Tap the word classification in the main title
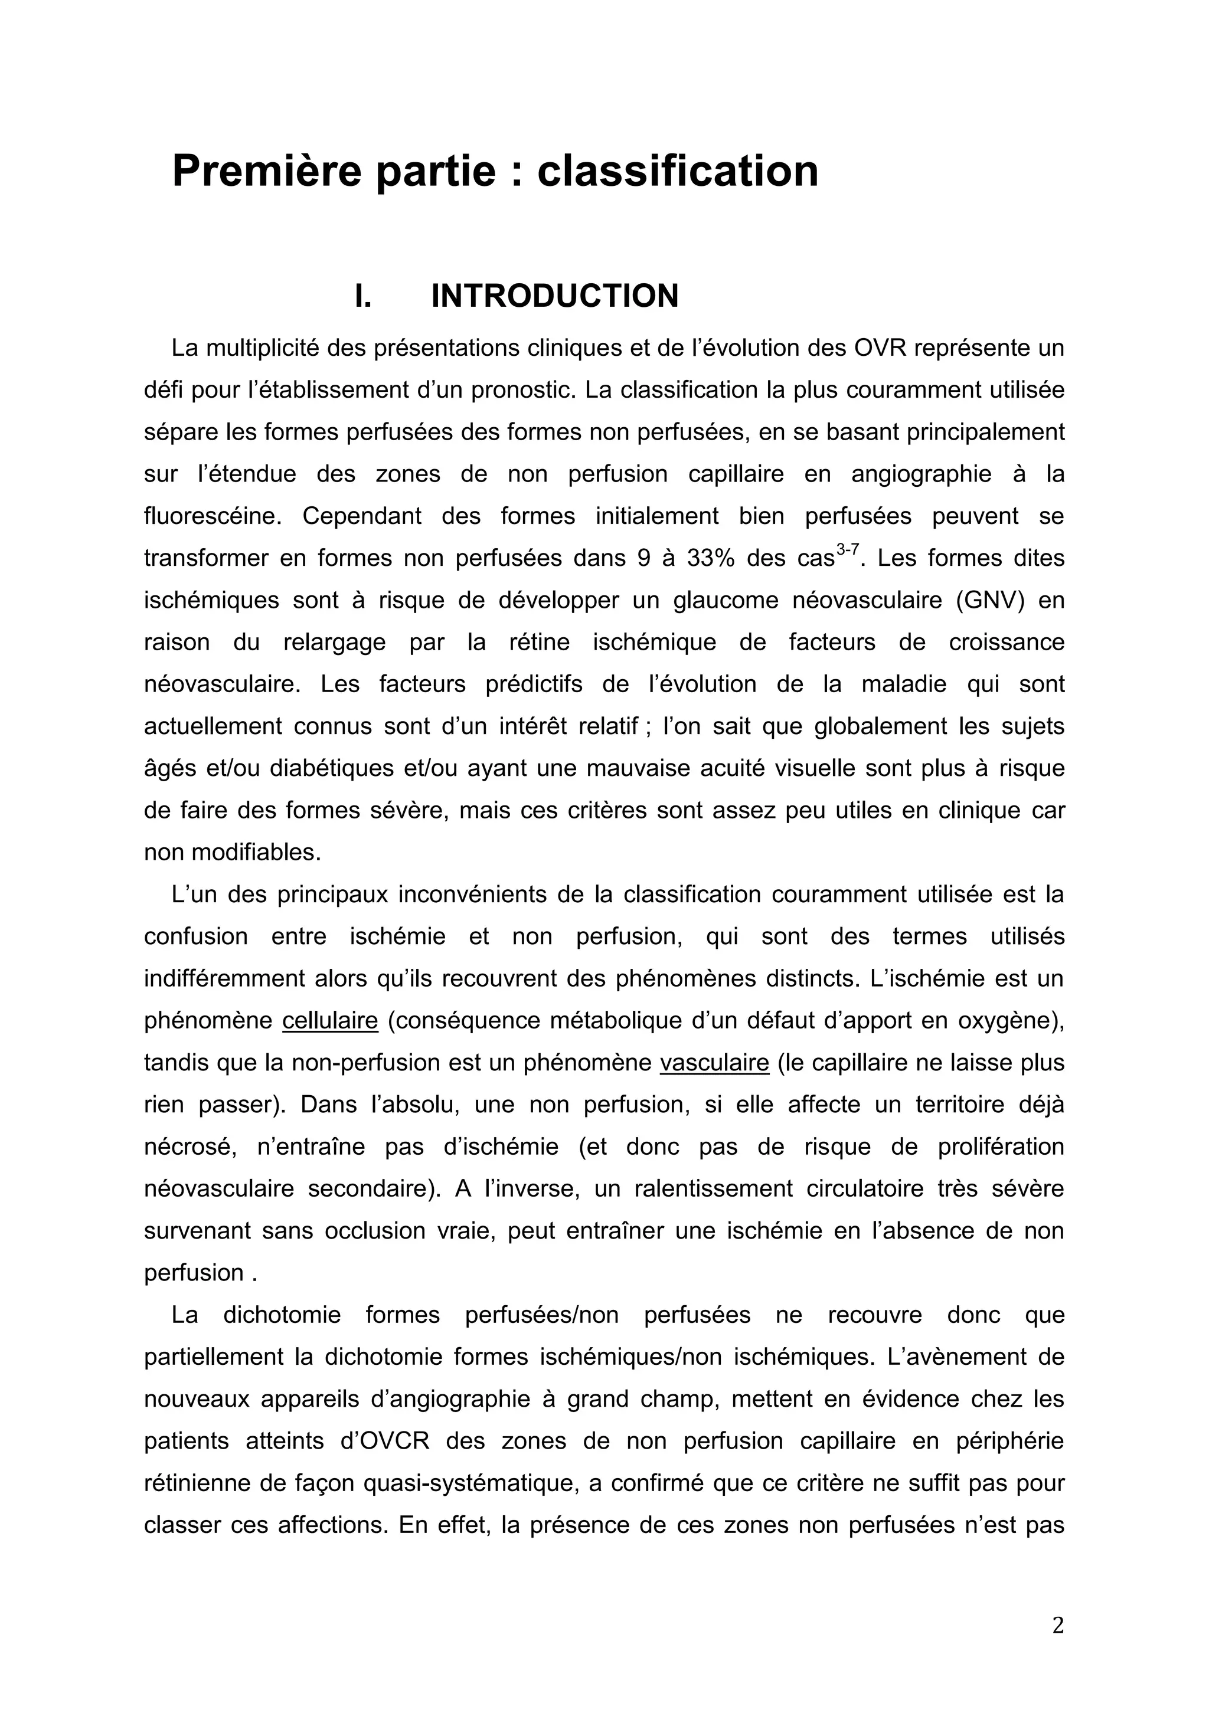[678, 171]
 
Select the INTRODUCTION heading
[554, 296]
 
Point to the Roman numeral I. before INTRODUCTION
[363, 296]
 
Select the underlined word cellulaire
[330, 1020]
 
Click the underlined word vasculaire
[714, 1062]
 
